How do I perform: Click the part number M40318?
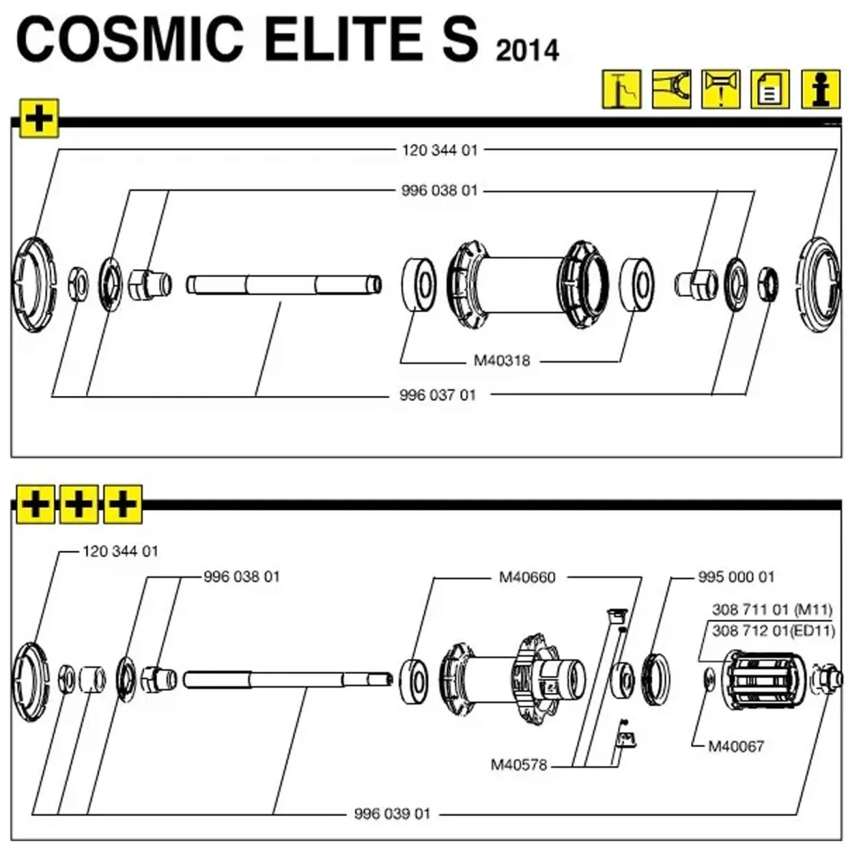point(502,360)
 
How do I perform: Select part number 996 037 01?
point(438,395)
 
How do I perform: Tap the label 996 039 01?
point(392,814)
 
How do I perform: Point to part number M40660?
point(527,577)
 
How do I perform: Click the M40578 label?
point(519,765)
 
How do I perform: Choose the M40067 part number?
point(736,746)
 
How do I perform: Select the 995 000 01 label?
point(736,577)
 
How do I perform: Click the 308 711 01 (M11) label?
point(772,610)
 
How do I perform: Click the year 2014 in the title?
point(527,50)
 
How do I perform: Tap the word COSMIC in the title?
point(129,39)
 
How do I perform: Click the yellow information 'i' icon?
point(821,89)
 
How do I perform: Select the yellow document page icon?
point(770,89)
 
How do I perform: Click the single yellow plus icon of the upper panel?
point(39,118)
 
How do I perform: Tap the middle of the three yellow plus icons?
point(79,504)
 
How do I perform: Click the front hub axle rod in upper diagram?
point(283,285)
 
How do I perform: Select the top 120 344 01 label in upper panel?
point(440,150)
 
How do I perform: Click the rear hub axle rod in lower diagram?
point(287,679)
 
